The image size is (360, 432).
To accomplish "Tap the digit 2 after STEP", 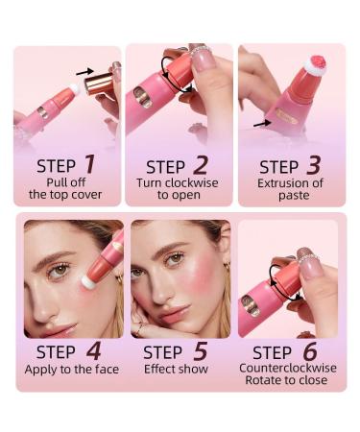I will tap(201, 164).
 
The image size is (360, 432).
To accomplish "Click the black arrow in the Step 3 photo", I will tap(261, 123).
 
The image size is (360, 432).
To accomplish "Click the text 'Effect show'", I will tap(178, 368).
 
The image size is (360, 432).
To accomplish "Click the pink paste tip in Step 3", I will tap(313, 63).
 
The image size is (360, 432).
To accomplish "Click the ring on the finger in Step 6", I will tap(305, 258).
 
